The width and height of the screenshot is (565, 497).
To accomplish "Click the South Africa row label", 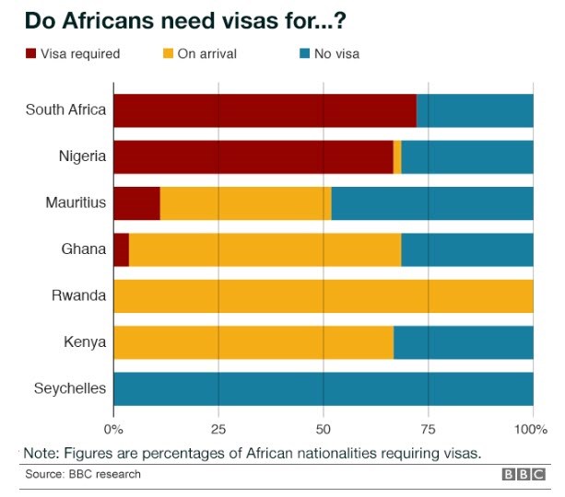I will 65,110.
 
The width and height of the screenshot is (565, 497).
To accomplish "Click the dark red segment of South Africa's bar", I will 265,110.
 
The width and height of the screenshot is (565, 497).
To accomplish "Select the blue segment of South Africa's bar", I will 475,110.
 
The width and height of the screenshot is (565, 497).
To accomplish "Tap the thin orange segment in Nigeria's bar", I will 397,156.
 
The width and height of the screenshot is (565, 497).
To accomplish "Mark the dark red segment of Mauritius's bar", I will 136,203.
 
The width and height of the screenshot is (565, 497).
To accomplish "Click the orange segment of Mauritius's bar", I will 245,203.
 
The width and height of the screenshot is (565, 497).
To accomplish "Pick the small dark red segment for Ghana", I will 121,249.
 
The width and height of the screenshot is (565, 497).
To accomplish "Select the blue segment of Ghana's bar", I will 467,249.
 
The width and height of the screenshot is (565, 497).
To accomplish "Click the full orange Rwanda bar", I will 323,296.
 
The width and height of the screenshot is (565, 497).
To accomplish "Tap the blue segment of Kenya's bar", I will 464,342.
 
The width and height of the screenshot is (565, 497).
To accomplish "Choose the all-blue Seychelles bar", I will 323,388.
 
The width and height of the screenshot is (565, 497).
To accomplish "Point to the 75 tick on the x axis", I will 428,429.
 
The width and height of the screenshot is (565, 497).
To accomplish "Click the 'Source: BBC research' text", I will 83,474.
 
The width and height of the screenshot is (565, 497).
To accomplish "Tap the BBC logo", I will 523,474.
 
